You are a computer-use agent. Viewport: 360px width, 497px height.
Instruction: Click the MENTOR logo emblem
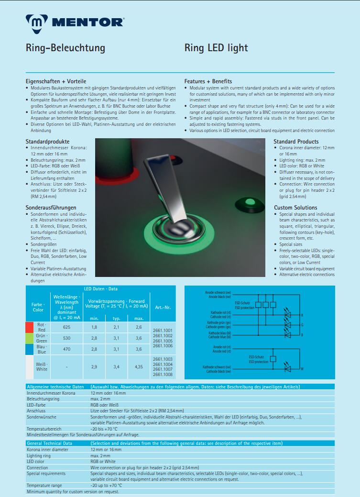pos(36,22)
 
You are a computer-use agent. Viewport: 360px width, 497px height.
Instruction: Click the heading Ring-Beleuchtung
pos(65,48)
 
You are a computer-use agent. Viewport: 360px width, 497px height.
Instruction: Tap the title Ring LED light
pos(216,48)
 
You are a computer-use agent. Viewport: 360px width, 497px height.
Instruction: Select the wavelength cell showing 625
pos(66,327)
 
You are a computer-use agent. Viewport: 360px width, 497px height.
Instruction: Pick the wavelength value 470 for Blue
pos(66,349)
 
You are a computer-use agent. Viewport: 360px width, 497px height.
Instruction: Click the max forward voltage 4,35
pos(139,367)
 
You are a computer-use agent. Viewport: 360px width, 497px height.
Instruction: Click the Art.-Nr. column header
pos(163,307)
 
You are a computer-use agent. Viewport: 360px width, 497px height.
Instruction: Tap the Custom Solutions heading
pos(295,208)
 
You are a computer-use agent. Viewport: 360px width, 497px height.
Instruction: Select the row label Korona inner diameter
pos(47,450)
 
